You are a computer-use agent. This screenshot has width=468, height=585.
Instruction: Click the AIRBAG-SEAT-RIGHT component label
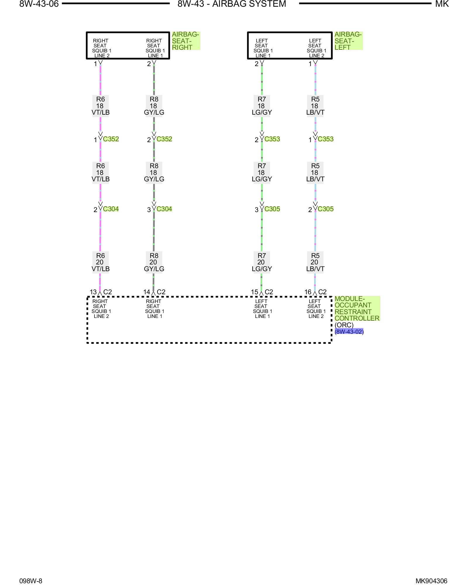point(185,41)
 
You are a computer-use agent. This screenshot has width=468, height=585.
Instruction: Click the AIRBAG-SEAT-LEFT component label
point(348,41)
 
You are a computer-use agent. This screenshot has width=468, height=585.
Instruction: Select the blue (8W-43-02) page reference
point(349,332)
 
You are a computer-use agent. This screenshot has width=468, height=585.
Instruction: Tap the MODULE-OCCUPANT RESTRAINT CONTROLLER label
point(357,309)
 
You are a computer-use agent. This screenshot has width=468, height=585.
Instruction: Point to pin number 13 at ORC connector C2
point(93,292)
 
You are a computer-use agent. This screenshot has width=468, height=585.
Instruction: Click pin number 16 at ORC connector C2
point(308,292)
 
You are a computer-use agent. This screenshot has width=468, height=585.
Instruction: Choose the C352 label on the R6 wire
point(111,139)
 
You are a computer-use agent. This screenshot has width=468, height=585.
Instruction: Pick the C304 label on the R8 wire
point(164,209)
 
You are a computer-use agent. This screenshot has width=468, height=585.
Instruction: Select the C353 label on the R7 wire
point(272,139)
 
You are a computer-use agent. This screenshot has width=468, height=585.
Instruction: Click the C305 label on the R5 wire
point(326,209)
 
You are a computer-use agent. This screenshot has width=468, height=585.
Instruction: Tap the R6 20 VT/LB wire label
point(100,262)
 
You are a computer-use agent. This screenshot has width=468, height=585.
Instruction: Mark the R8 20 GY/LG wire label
point(154,262)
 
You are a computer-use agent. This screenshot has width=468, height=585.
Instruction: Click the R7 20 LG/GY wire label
point(262,262)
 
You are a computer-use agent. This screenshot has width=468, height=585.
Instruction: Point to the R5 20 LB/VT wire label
point(315,262)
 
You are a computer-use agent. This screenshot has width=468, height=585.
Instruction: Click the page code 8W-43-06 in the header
point(39,4)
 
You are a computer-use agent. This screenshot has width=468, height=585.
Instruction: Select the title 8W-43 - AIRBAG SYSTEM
point(232,4)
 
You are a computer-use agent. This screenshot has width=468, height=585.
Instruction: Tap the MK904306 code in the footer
point(431,581)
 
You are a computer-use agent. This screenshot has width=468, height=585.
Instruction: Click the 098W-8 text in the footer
point(31,581)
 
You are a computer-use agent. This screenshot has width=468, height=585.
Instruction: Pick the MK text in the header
point(442,4)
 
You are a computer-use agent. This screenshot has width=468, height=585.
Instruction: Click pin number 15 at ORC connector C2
point(254,292)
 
